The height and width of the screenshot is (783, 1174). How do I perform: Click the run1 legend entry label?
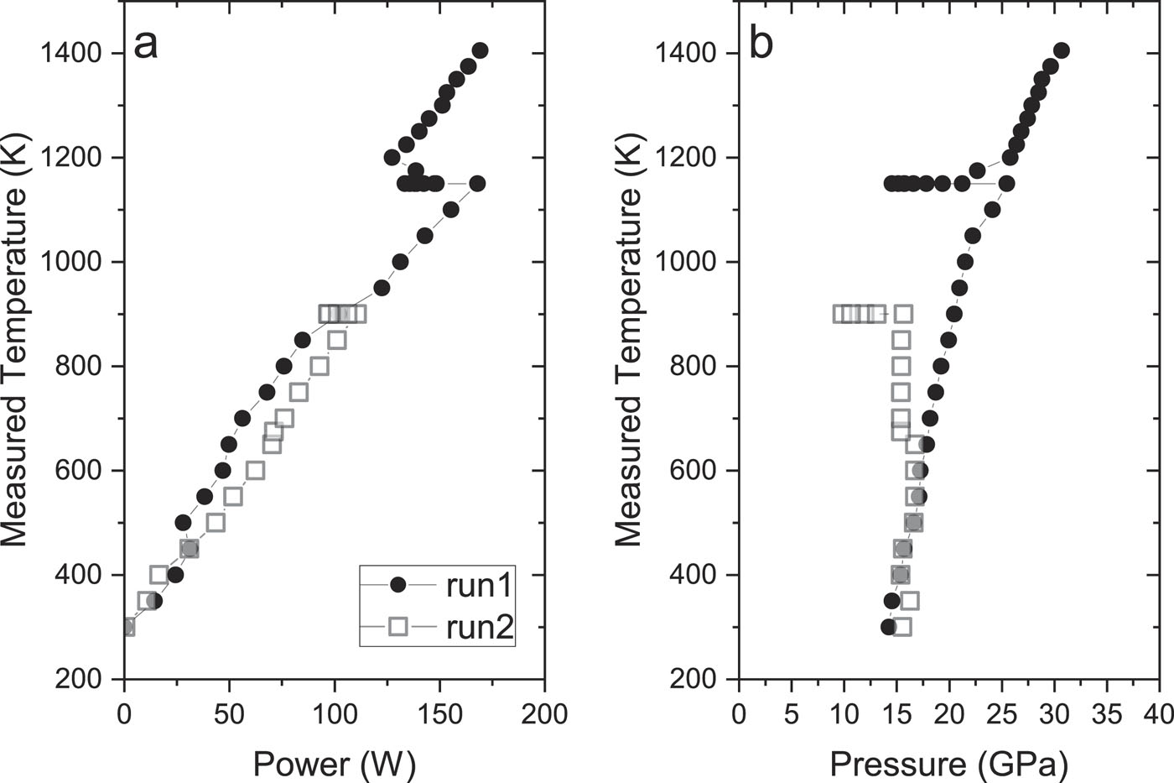point(479,585)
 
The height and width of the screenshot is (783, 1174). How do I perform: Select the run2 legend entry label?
point(479,627)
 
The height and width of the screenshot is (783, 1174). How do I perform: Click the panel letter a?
point(146,44)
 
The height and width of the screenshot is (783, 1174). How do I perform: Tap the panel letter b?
point(761,44)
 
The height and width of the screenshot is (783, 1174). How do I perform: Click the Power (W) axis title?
point(335,765)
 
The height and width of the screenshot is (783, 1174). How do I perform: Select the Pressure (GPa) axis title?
point(948,765)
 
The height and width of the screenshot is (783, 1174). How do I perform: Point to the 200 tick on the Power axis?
point(544,714)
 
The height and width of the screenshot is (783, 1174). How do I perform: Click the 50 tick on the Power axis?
point(230,714)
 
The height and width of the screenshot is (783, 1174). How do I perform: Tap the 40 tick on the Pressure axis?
point(1159,714)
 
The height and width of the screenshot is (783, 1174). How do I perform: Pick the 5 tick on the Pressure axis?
point(791,714)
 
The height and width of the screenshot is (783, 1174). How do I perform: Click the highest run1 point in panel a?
point(480,50)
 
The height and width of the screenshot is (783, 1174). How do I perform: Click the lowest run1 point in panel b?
point(889,626)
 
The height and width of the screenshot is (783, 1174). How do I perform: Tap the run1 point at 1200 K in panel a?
point(392,158)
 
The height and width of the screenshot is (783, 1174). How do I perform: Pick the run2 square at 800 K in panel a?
point(319,366)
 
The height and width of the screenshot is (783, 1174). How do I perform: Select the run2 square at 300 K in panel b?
point(902,626)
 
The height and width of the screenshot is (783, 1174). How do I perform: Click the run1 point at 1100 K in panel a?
point(450,210)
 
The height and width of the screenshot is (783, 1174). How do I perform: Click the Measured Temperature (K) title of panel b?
point(628,341)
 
